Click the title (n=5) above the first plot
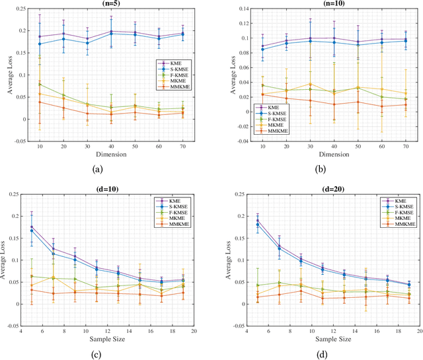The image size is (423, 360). (110, 3)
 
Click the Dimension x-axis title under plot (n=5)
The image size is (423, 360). (110, 155)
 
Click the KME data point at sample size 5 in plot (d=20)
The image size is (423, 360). (256, 221)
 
